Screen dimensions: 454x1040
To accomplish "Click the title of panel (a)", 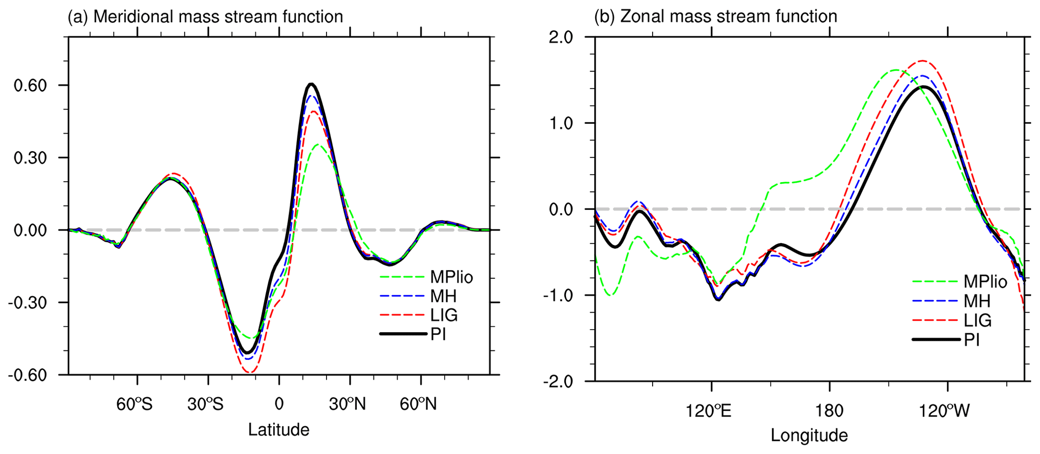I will click(x=205, y=17).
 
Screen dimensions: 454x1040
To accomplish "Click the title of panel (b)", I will click(x=715, y=16).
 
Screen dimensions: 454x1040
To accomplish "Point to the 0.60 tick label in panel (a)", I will click(x=30, y=85).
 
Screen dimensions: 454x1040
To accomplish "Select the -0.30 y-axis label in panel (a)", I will click(x=28, y=302).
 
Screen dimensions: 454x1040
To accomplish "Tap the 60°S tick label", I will click(x=134, y=404).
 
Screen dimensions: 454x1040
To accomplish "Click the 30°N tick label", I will click(x=347, y=404).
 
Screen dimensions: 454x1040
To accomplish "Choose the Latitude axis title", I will click(x=279, y=429).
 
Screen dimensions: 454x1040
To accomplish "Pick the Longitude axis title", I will click(x=809, y=435).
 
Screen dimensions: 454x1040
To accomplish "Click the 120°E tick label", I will click(x=708, y=411).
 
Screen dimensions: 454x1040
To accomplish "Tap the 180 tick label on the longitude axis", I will click(x=829, y=411).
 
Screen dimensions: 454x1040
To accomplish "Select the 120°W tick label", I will click(x=944, y=411).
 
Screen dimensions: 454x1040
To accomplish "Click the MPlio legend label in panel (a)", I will click(x=451, y=277).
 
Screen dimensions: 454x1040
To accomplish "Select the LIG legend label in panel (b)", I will click(x=978, y=320).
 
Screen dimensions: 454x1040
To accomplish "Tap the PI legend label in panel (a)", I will click(x=438, y=334).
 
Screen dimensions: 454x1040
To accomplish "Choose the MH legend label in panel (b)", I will click(x=977, y=301).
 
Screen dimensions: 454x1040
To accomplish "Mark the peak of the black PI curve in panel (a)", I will click(x=311, y=84).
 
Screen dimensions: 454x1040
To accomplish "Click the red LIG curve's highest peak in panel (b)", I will click(x=922, y=60).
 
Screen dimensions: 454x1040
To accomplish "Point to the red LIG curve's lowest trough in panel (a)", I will click(x=250, y=372).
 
